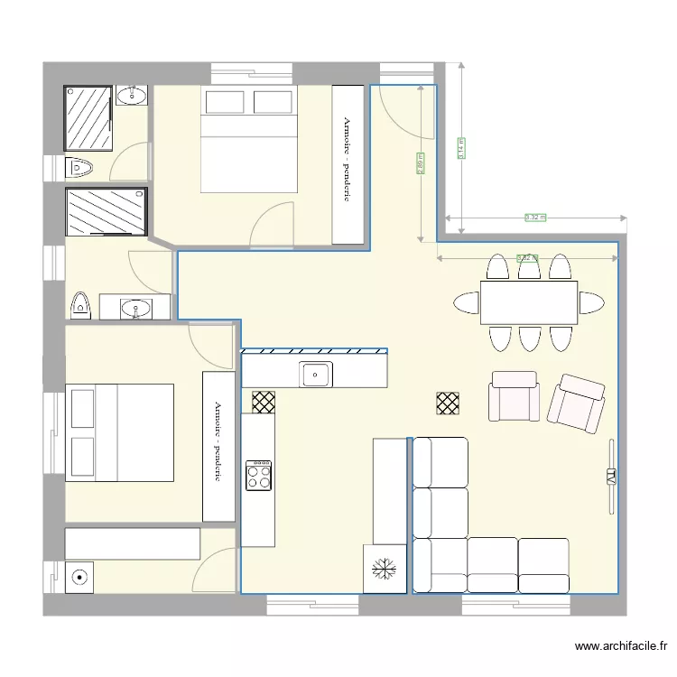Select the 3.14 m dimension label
461,148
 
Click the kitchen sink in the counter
316,373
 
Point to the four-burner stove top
258,475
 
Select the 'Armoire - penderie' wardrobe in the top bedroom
346,163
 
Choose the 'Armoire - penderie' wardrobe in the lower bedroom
218,446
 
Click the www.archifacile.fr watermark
621,646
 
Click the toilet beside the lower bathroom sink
79,305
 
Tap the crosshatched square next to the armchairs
447,403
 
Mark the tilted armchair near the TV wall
576,401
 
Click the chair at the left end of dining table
467,302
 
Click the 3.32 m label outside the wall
535,218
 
